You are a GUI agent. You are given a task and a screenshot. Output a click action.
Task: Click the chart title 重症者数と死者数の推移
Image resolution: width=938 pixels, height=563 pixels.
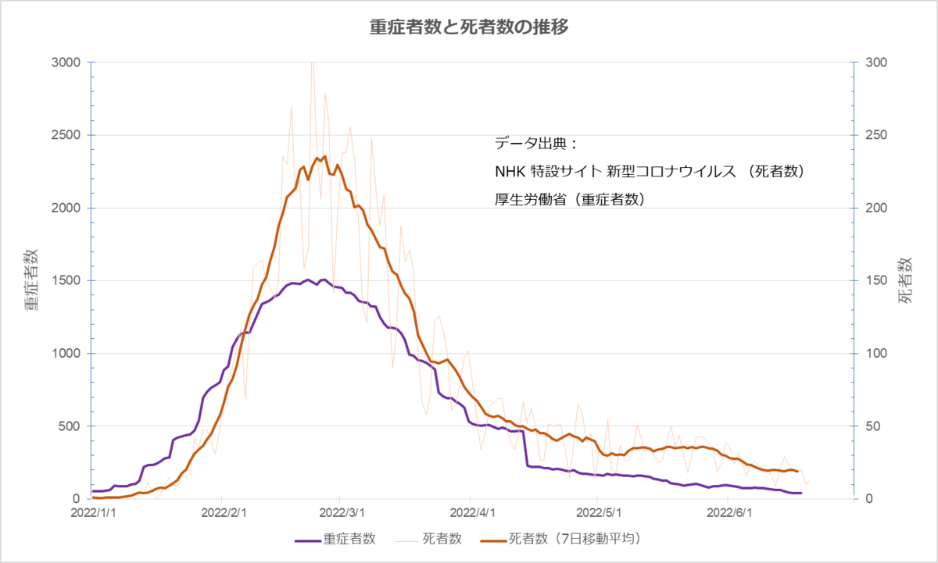pos(469,27)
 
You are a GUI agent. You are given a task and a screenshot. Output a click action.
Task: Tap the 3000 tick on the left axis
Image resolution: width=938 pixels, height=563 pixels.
pos(66,62)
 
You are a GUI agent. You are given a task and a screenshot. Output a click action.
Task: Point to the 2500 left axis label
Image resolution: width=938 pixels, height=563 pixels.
pos(66,135)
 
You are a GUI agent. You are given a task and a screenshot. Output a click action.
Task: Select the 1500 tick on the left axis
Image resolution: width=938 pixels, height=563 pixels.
pos(66,280)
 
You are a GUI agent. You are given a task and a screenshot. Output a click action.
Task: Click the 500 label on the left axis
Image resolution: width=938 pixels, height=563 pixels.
pos(70,426)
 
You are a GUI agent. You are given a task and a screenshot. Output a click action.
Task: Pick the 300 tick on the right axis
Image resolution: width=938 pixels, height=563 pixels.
pos(876,62)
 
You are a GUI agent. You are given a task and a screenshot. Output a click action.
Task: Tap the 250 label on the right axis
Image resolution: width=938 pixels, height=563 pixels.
pos(876,135)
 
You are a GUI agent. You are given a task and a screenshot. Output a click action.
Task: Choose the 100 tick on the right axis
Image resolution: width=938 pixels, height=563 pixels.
pos(876,354)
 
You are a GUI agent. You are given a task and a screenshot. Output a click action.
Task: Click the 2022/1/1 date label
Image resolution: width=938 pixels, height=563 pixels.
pos(93,513)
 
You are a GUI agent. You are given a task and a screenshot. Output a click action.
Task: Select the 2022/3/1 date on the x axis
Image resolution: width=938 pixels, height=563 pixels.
pos(342,513)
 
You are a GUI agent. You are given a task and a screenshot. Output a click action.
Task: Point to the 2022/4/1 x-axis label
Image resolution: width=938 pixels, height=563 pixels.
pos(472,513)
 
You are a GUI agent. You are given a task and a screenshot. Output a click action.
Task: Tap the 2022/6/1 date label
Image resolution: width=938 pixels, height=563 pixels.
pos(729,513)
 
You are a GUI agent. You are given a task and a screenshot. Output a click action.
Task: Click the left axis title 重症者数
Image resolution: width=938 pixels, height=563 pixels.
pos(31,280)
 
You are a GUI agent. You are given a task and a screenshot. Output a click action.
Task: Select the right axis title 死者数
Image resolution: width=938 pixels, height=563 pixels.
pos(905,280)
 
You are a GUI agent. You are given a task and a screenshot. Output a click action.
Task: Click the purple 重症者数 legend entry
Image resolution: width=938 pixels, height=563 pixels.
pos(335,539)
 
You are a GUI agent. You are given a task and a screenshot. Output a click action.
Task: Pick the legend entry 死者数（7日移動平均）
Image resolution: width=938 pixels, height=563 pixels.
pos(561,539)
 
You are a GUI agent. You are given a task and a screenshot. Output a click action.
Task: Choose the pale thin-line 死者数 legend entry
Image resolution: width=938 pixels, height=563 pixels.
pos(428,539)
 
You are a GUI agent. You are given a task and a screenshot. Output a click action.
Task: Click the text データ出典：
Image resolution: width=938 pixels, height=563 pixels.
pos(536,144)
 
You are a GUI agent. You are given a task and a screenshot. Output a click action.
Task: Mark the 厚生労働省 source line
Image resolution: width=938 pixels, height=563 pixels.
pos(570,200)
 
